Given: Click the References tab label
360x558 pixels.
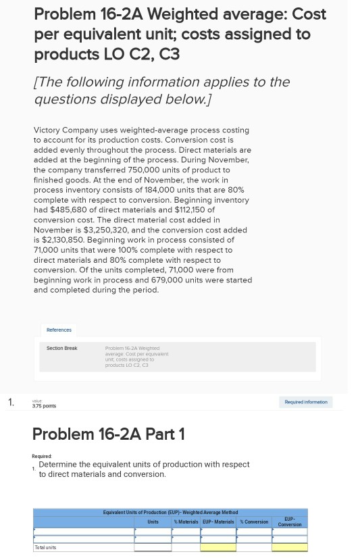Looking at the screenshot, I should pyautogui.click(x=59, y=330).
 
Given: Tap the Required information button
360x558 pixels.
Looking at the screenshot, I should pyautogui.click(x=305, y=402).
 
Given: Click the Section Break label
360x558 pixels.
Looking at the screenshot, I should pyautogui.click(x=61, y=348).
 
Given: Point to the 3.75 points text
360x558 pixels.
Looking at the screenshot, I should pyautogui.click(x=44, y=406).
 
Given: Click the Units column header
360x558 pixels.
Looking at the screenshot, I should pyautogui.click(x=153, y=522).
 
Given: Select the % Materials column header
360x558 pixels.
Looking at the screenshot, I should pyautogui.click(x=186, y=522).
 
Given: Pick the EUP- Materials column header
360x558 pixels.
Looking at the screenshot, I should pyautogui.click(x=218, y=522).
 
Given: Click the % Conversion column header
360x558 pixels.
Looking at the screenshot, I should pyautogui.click(x=254, y=522).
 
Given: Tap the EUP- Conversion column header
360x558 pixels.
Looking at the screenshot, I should pyautogui.click(x=290, y=522).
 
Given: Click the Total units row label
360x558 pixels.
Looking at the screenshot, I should pyautogui.click(x=45, y=547).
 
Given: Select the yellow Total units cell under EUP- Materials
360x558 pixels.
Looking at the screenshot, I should pyautogui.click(x=218, y=547).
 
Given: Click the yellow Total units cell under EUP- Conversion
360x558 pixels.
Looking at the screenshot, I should pyautogui.click(x=290, y=547).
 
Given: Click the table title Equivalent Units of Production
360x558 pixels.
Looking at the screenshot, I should pyautogui.click(x=170, y=512).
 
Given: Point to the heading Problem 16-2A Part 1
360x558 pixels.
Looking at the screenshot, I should pyautogui.click(x=108, y=434).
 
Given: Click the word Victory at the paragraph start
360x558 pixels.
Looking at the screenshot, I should pyautogui.click(x=49, y=130).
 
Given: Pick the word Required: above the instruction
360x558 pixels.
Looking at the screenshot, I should pyautogui.click(x=42, y=456).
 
